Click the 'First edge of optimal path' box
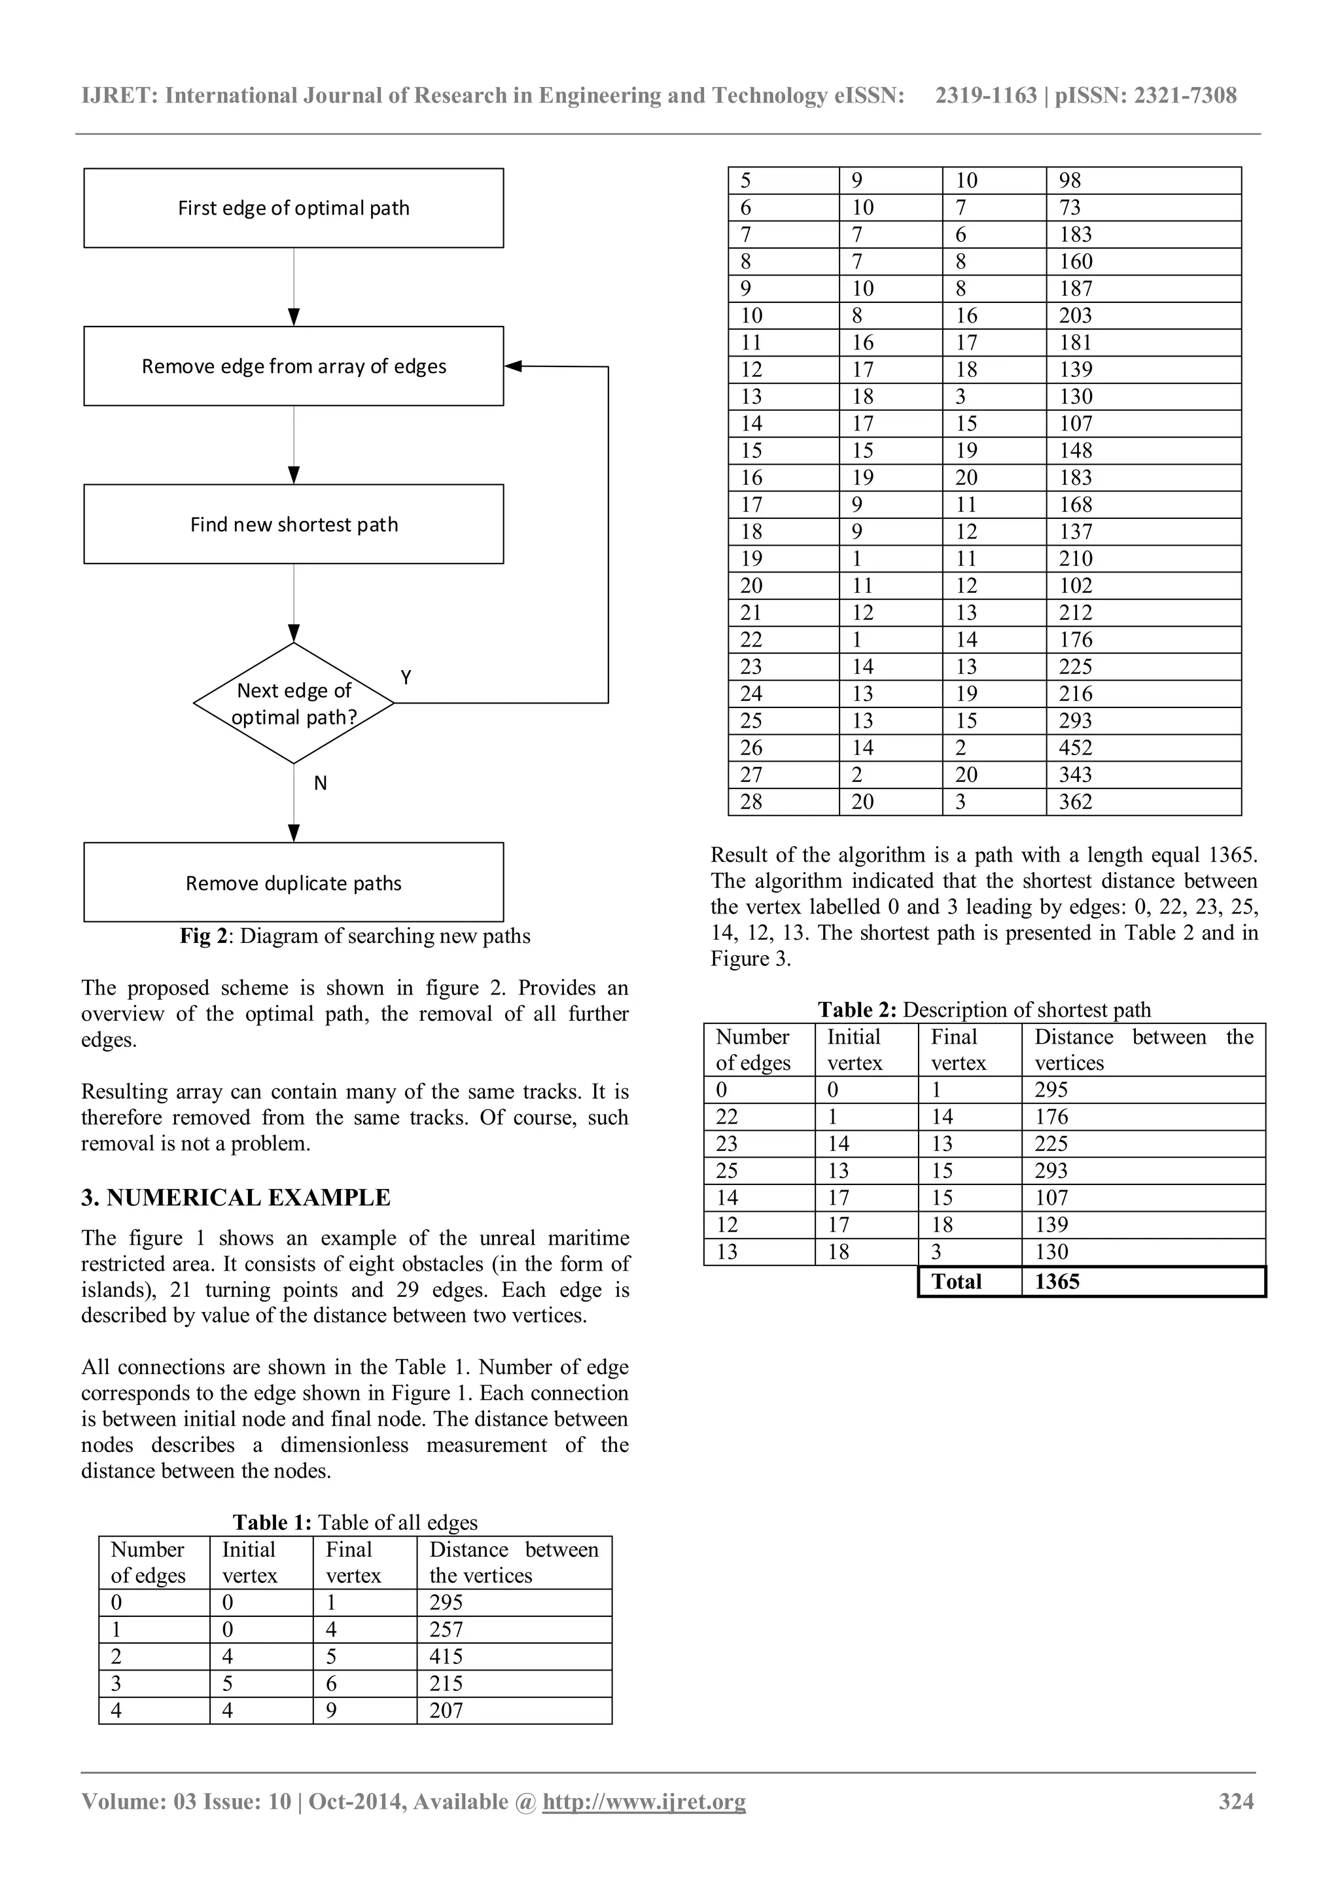coord(294,208)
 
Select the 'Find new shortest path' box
coord(294,524)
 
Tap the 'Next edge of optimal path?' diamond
coord(294,703)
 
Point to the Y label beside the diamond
coord(406,678)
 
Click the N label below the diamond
coord(320,783)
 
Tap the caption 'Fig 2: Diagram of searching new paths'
coord(355,936)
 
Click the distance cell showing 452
coord(1075,748)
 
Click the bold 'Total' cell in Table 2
coord(957,1282)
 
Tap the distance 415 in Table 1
coord(446,1656)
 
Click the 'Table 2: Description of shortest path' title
coord(983,1010)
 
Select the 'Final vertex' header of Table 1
coord(353,1563)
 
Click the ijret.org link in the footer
coord(644,1801)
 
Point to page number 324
coord(1235,1801)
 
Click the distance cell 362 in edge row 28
coord(1075,802)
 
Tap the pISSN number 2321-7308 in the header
coord(1185,96)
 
